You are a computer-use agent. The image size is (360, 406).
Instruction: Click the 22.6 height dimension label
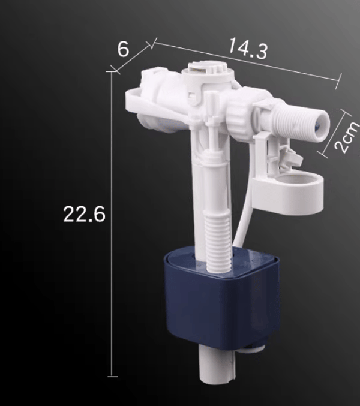click(85, 214)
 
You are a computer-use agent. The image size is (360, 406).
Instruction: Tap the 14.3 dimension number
click(248, 48)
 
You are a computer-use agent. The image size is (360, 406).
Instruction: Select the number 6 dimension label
click(123, 49)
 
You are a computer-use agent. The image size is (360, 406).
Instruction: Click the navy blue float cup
click(222, 298)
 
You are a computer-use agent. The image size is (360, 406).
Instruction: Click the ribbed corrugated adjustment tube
click(218, 241)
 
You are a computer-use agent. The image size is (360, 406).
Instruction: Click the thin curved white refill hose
click(244, 197)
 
